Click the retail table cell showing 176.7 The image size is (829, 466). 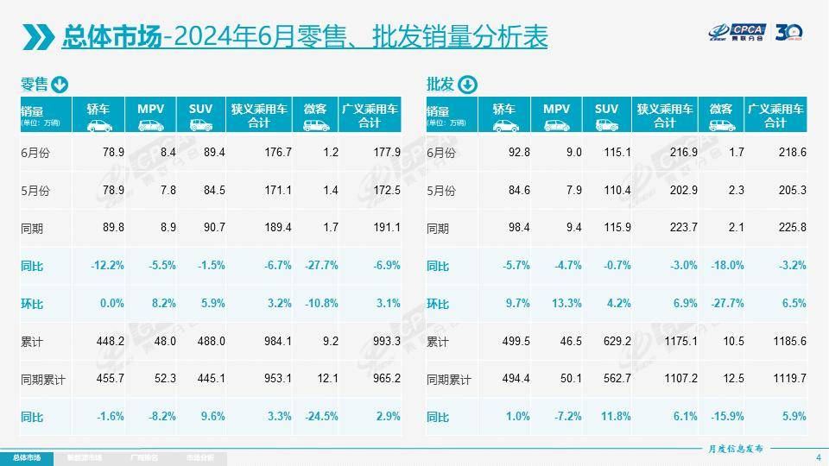pyautogui.click(x=277, y=152)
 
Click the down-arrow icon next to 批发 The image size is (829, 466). pyautogui.click(x=467, y=85)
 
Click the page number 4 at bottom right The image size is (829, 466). pyautogui.click(x=818, y=457)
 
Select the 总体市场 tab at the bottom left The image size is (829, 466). pyautogui.click(x=26, y=457)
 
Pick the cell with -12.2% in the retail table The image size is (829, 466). pyautogui.click(x=107, y=266)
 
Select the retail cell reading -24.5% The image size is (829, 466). pyautogui.click(x=321, y=417)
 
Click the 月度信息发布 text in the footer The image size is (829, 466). pyautogui.click(x=735, y=449)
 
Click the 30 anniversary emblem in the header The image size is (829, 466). pyautogui.click(x=790, y=35)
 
